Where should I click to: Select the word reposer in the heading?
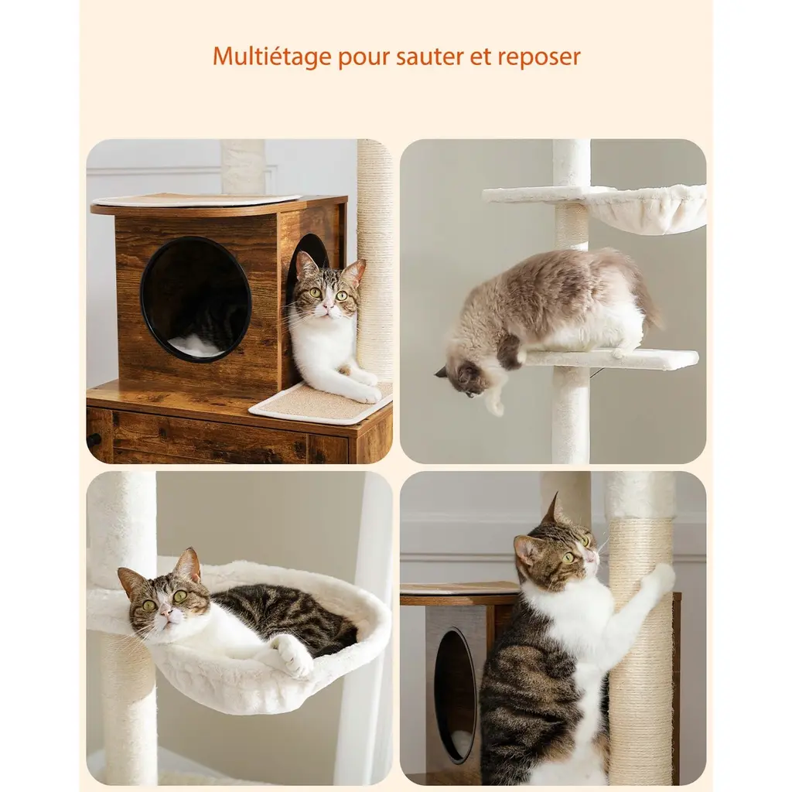coord(539,57)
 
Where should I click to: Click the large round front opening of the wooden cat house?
coord(196,299)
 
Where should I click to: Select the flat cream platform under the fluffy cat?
coord(611,358)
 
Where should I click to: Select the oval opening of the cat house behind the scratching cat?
coord(456,695)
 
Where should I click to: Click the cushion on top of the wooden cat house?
coord(196,200)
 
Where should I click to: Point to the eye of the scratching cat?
coord(568,558)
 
